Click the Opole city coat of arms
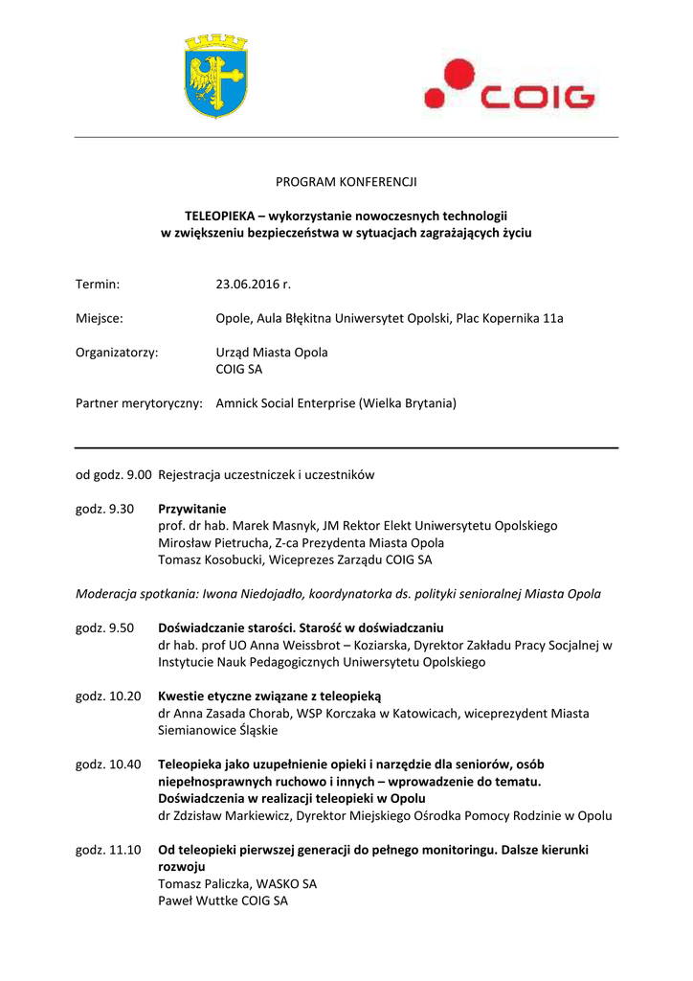(215, 76)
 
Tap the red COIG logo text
(539, 96)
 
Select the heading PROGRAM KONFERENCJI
(346, 181)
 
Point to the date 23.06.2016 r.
(253, 284)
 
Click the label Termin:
(98, 284)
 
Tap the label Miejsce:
(100, 318)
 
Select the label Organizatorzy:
(117, 352)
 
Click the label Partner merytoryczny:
(139, 403)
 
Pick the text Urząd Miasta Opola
(272, 352)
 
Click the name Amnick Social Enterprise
(285, 403)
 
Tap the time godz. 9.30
(105, 509)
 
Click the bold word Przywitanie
(192, 509)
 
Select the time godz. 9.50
(105, 627)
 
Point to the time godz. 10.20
(108, 696)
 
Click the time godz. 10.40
(108, 764)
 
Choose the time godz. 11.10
(108, 850)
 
